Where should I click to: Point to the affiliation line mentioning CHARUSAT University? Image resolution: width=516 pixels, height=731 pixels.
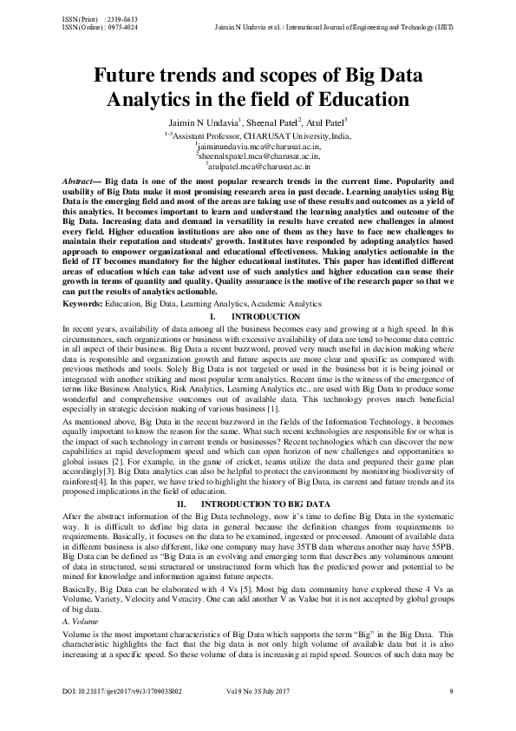[258, 136]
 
